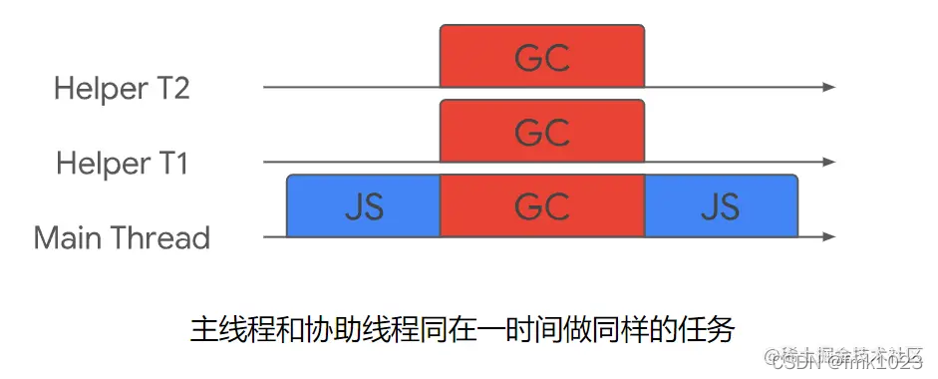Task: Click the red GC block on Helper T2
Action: click(542, 57)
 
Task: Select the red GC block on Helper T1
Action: click(542, 131)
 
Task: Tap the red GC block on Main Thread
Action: click(542, 206)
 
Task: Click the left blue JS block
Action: click(363, 206)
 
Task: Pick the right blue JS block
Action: click(721, 206)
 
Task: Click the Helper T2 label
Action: click(122, 88)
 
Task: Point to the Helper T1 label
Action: click(122, 163)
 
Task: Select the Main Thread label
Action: click(122, 238)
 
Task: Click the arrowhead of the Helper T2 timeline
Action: click(828, 88)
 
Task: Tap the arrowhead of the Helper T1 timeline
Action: click(828, 162)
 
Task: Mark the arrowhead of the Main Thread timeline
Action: click(828, 237)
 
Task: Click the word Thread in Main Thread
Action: click(159, 238)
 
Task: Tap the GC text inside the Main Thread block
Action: click(542, 206)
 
